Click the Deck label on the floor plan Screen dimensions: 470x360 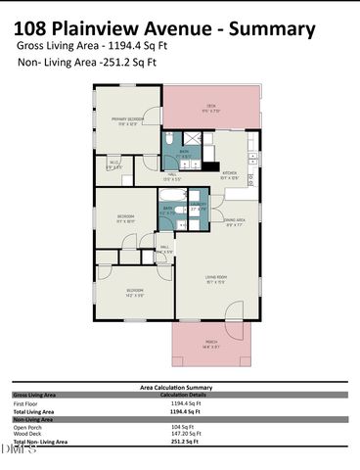pyautogui.click(x=210, y=107)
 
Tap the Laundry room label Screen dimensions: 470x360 pyautogui.click(x=196, y=209)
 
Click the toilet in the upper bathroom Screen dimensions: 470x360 pyautogui.click(x=168, y=137)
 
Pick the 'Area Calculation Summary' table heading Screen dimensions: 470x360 pyautogui.click(x=178, y=388)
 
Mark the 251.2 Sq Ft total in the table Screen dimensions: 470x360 pyautogui.click(x=185, y=442)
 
